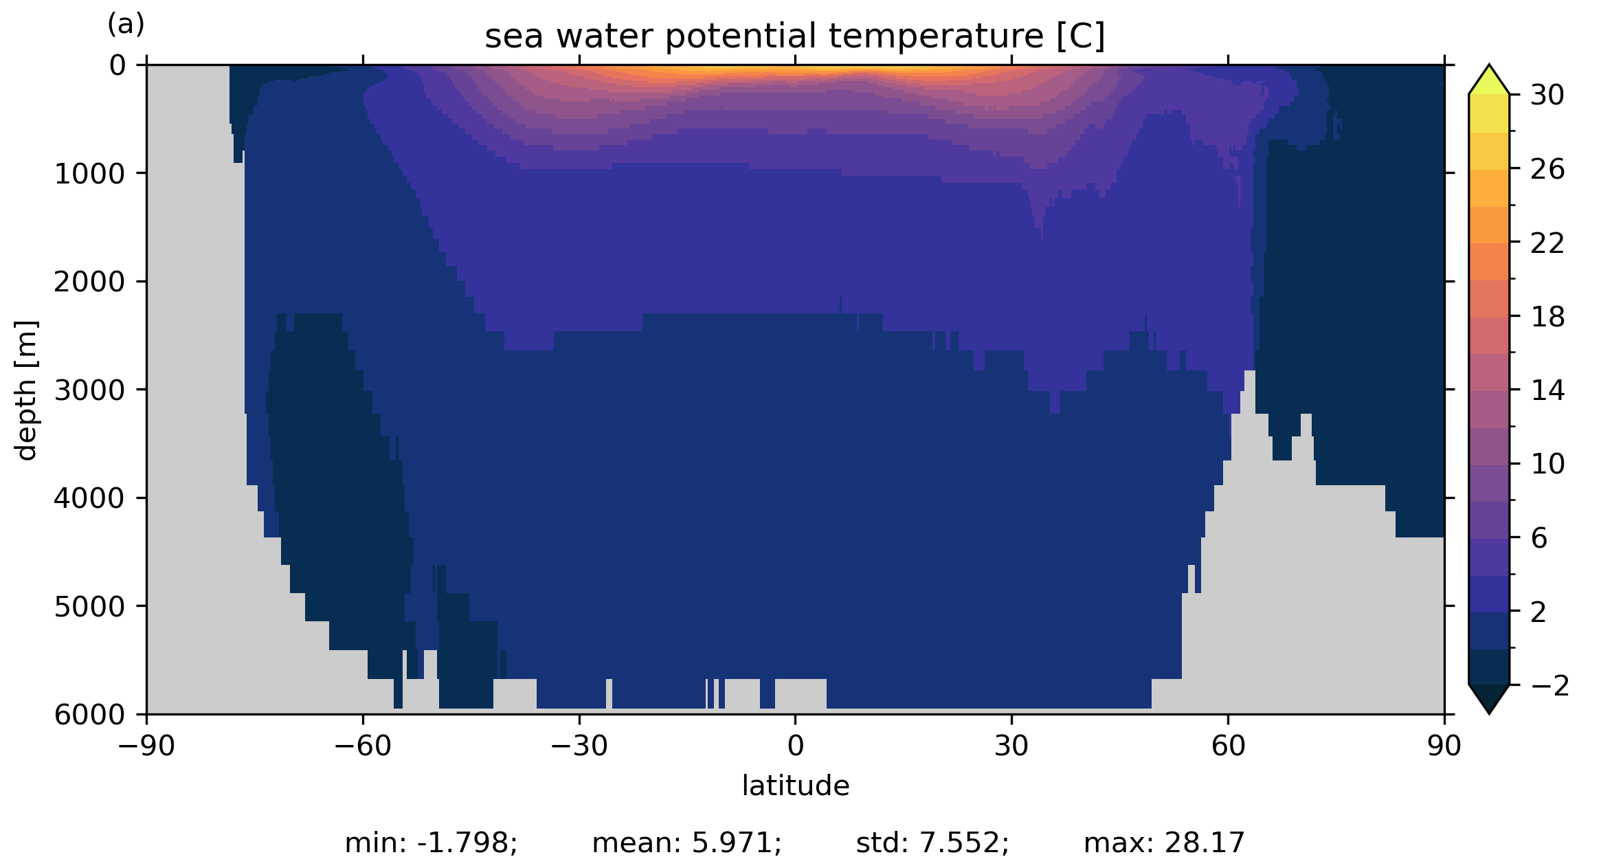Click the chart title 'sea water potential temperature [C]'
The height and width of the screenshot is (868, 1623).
tap(794, 36)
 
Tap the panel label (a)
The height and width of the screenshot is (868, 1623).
tap(126, 25)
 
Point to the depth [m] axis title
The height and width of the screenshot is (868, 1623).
tap(26, 390)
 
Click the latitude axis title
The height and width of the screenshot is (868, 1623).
tap(795, 786)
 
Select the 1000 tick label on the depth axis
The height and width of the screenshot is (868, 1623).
tap(90, 174)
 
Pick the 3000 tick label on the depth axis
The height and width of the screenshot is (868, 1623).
tap(90, 390)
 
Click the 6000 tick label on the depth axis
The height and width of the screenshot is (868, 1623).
tap(90, 715)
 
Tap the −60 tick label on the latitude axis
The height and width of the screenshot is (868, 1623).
tap(362, 746)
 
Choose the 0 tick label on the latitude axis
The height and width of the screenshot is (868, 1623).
tap(795, 746)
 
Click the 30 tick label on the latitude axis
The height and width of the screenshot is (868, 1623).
tap(1011, 746)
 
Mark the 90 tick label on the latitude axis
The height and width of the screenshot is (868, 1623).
tap(1444, 746)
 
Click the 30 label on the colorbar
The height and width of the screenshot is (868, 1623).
tap(1547, 96)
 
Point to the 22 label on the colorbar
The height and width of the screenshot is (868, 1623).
tap(1547, 243)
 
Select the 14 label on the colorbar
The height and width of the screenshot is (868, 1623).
tap(1547, 391)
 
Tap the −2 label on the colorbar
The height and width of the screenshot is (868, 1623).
tap(1550, 686)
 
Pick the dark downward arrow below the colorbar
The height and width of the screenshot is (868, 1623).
tap(1489, 697)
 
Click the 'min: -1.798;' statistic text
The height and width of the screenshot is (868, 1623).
tap(431, 843)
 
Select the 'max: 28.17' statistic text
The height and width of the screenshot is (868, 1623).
tap(1164, 843)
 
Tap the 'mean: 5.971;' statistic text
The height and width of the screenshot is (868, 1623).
tap(686, 843)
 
